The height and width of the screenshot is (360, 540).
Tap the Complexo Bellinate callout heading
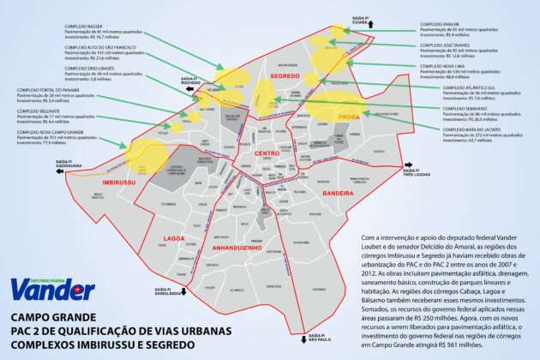(x=33, y=111)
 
